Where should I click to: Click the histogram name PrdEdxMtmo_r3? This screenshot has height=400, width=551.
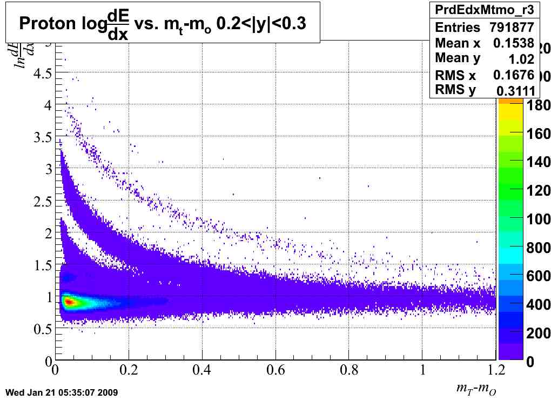coord(482,10)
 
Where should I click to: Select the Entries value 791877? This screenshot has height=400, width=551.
coord(512,28)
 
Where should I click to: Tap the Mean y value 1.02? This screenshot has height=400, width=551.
coord(522,59)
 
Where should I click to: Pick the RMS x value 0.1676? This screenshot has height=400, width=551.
coord(514,75)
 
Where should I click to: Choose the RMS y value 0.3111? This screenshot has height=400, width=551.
coord(515,90)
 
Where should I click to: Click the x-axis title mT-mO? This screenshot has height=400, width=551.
coord(476,388)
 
